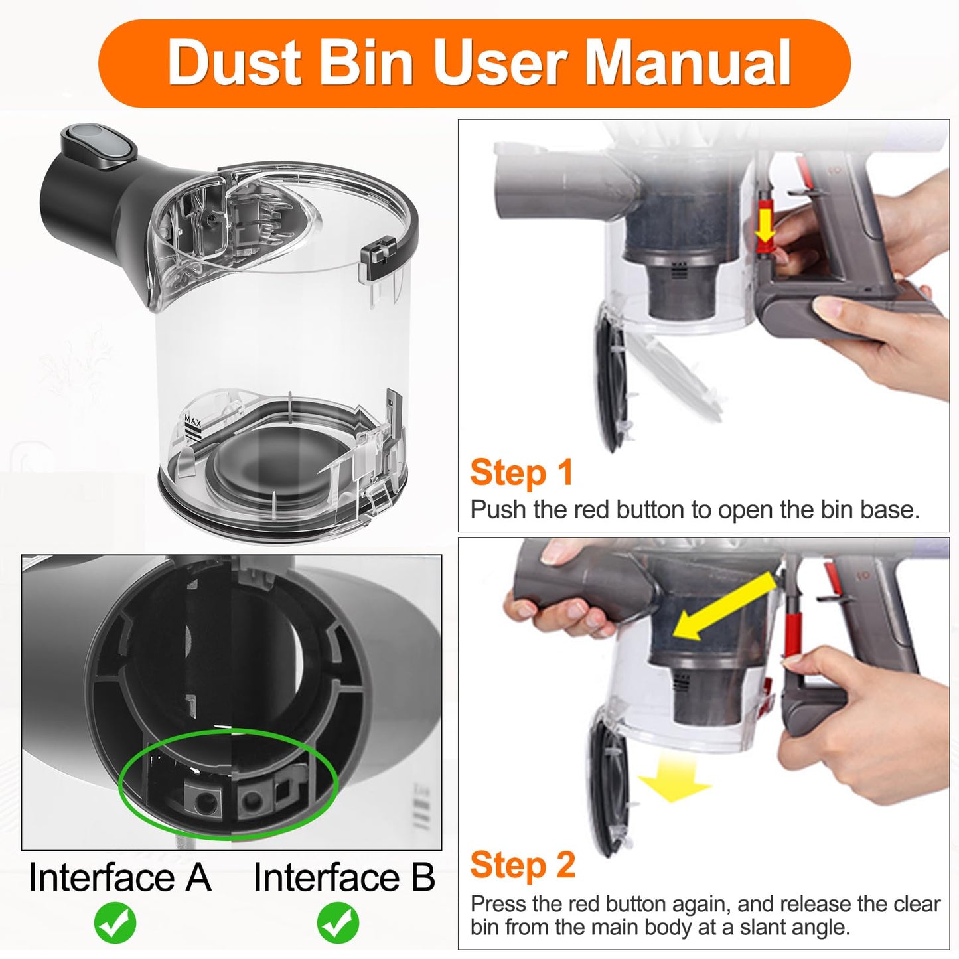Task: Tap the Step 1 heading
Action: coord(521,473)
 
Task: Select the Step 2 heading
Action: coord(522,865)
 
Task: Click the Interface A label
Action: coord(120,877)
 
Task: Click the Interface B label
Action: coord(344,877)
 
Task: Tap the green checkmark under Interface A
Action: coord(115,922)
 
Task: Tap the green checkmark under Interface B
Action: coord(338,922)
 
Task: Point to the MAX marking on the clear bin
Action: coord(192,421)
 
